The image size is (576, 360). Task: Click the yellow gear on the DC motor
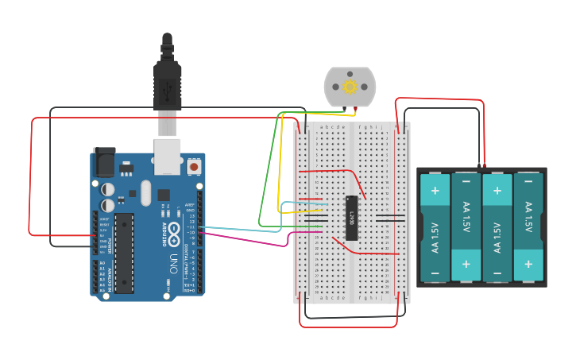(x=350, y=87)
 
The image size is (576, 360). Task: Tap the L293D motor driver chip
(x=350, y=217)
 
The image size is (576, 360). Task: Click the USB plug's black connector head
(x=167, y=83)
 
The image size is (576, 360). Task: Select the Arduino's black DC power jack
(x=103, y=161)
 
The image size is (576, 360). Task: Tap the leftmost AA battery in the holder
(x=435, y=226)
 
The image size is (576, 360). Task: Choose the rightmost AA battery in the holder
(x=528, y=226)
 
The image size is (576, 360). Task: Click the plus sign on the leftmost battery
(x=435, y=192)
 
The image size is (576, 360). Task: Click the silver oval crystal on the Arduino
(x=145, y=192)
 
